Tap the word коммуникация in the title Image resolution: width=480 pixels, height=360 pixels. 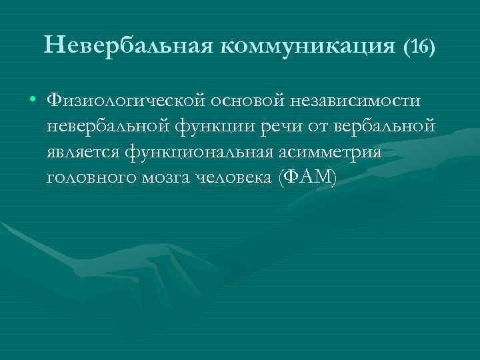pos(307,46)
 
